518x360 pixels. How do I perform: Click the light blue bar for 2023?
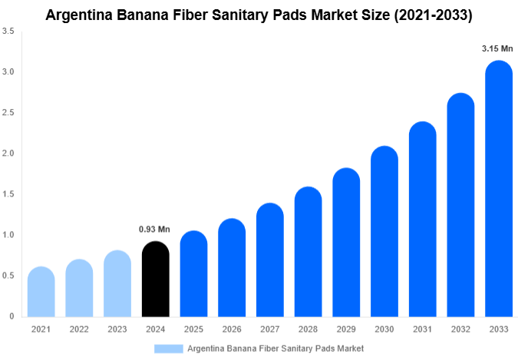(x=117, y=283)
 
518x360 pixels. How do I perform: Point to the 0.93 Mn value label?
(x=154, y=229)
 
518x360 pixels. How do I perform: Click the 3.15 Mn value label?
(x=497, y=48)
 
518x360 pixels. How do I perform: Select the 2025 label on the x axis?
(x=193, y=329)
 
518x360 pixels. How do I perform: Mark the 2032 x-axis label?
(x=460, y=329)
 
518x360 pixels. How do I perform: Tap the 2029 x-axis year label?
(x=346, y=329)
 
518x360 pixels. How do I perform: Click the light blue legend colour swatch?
(x=169, y=348)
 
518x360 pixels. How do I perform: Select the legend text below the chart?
(x=275, y=348)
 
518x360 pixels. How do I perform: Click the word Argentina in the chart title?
(x=81, y=14)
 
